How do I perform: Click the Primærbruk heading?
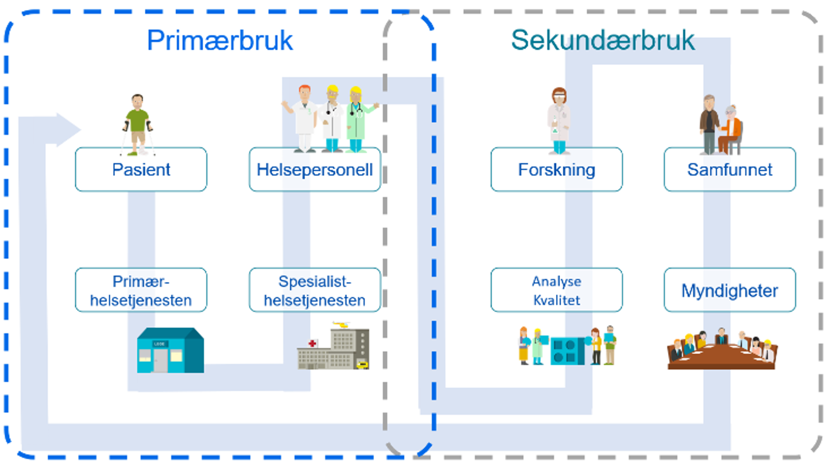[x=219, y=41]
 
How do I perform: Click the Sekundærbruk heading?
[x=602, y=41]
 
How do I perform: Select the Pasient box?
[x=141, y=170]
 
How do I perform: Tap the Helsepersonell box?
[x=314, y=170]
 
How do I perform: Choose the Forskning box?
[x=556, y=170]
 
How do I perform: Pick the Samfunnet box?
[x=730, y=170]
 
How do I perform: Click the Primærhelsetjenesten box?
[x=141, y=291]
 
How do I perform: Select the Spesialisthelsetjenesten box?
[x=314, y=291]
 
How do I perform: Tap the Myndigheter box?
[x=730, y=291]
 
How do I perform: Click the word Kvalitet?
[x=556, y=300]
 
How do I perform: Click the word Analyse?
[x=556, y=281]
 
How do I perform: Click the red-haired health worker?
[x=304, y=117]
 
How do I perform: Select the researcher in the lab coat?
[x=559, y=119]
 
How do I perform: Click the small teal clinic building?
[x=170, y=350]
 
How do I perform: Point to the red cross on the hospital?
[x=313, y=343]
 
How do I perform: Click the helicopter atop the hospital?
[x=341, y=325]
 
